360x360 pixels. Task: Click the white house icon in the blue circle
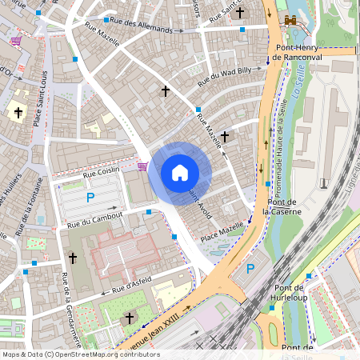tap(180, 172)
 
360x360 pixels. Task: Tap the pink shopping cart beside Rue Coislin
tap(142, 166)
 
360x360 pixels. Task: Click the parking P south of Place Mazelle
tap(251, 269)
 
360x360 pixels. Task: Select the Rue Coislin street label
tap(102, 170)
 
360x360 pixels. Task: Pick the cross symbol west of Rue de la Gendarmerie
tap(72, 258)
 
